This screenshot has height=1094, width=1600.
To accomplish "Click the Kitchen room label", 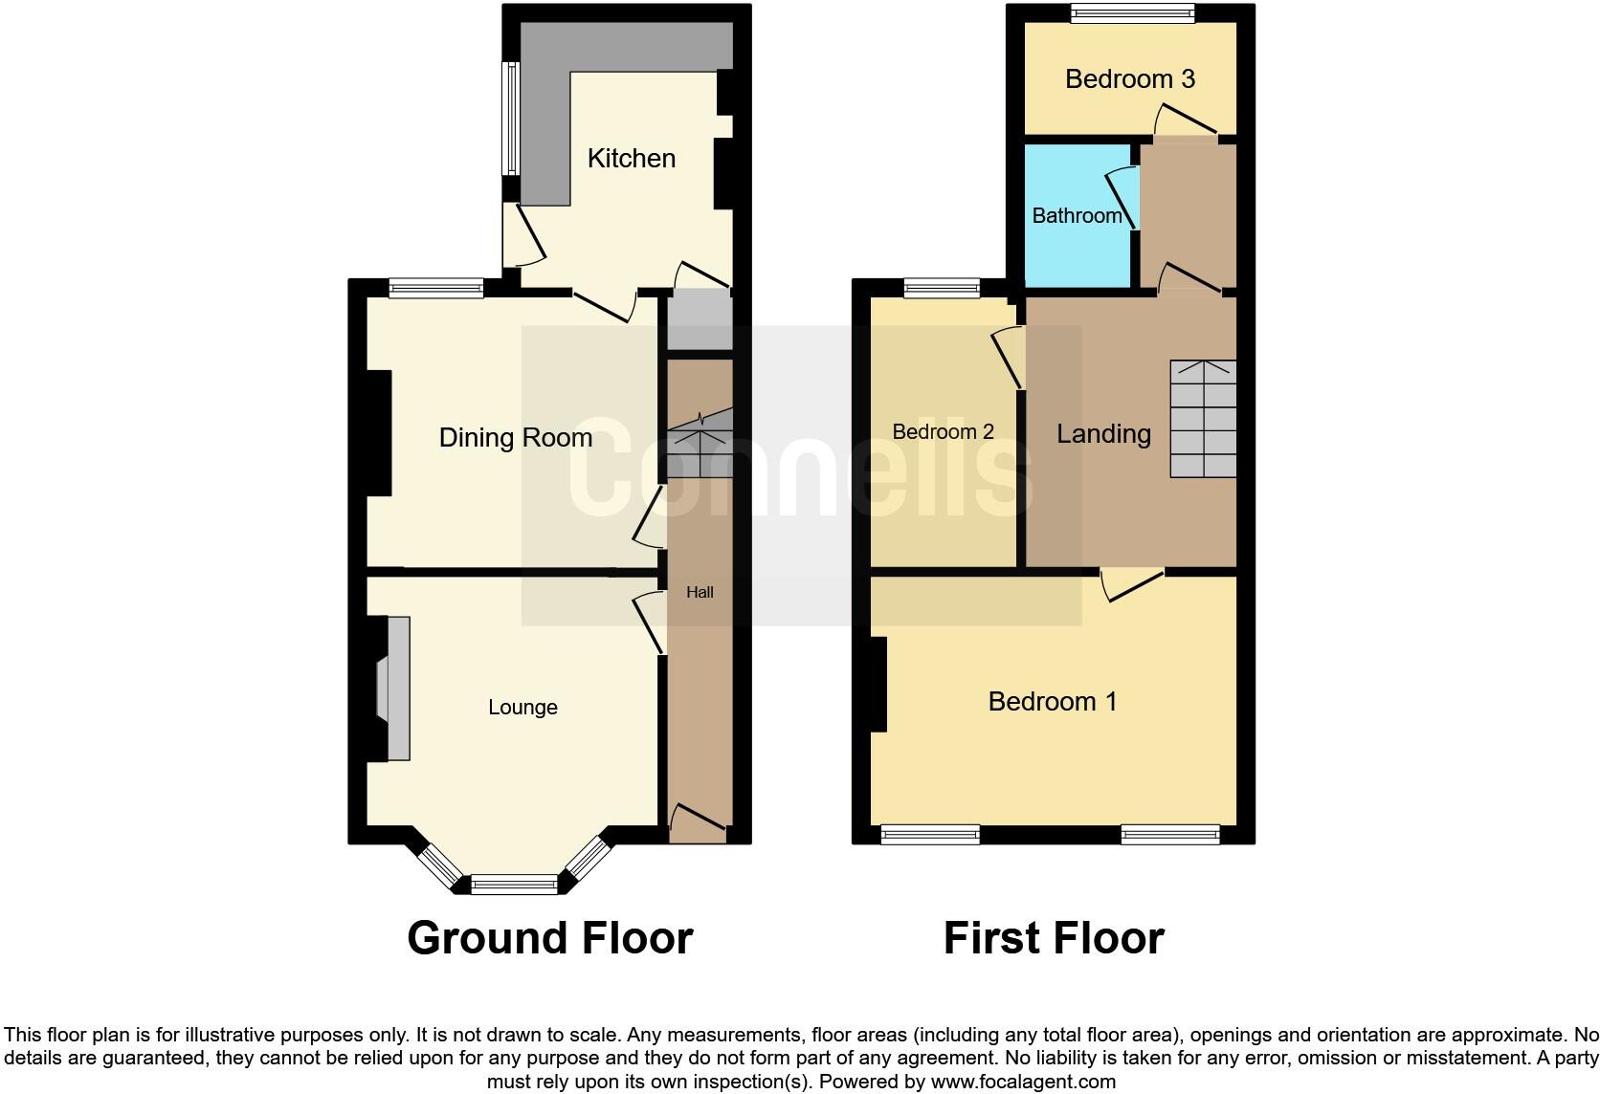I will tap(631, 159).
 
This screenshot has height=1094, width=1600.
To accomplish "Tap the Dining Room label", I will tap(515, 438).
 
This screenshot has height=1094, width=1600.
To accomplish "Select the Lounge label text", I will tap(522, 708).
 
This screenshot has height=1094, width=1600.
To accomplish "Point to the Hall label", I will tap(700, 593).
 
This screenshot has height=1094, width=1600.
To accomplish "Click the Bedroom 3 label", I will tap(1129, 79).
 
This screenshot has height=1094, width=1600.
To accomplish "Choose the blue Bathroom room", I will tap(1077, 216).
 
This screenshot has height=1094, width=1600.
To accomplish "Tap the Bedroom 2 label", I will tap(943, 432).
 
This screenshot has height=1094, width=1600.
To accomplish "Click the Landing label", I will tap(1103, 434).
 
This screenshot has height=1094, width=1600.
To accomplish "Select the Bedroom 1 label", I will tap(1053, 702).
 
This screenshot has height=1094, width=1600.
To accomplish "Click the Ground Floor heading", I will tap(549, 938).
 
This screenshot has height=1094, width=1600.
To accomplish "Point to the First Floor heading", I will tap(1054, 938).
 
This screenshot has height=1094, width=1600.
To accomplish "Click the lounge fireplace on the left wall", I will tap(393, 689).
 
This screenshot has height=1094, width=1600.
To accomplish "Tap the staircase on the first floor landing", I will tap(1203, 419).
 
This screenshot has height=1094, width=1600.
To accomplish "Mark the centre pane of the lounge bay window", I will tap(514, 885).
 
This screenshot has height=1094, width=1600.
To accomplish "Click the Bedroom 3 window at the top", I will tap(1132, 13).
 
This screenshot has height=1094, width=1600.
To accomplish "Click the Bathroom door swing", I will tap(1122, 196).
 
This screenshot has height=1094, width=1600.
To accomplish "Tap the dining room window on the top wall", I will tap(436, 288).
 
